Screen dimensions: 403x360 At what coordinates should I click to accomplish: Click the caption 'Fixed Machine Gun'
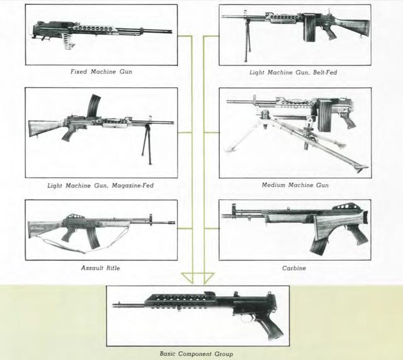point(101,72)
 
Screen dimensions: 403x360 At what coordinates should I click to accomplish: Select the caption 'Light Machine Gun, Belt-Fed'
point(293,72)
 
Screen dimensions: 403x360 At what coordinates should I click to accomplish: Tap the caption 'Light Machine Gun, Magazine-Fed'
point(101,186)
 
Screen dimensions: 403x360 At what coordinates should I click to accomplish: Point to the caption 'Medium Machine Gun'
point(295,185)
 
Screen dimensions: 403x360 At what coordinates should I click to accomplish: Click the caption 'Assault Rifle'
point(101,268)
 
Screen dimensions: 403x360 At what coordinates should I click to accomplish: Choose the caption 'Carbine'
point(294,268)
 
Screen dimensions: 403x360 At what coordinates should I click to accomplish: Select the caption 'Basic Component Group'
point(196,354)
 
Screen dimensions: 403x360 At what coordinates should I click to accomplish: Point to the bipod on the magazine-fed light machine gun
point(147,144)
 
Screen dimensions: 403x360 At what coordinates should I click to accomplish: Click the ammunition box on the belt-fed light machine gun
point(309,28)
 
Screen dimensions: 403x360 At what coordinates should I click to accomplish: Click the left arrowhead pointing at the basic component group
point(187,278)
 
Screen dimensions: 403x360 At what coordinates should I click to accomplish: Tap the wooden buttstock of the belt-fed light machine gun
point(353,27)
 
